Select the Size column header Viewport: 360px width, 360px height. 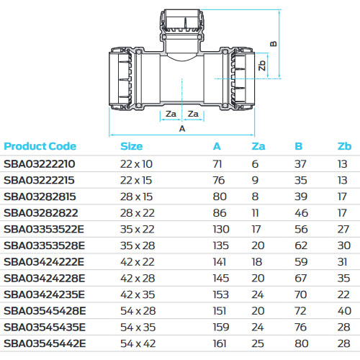point(132,146)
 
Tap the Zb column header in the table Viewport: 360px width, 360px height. point(343,146)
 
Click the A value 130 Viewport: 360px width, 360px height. point(219,229)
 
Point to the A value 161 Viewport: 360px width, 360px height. point(218,343)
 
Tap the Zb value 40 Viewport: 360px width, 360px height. point(343,310)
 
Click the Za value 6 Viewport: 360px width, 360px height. point(255,164)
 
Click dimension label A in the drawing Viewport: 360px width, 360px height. point(182,129)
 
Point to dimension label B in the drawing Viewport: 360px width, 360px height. point(273,42)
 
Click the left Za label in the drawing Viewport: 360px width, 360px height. point(171,114)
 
